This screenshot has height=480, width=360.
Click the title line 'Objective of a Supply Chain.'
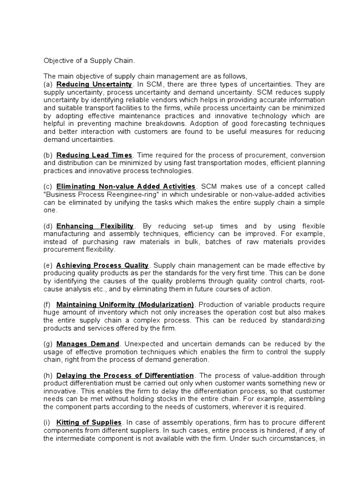tap(89, 60)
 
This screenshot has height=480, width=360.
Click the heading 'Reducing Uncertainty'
tap(94, 84)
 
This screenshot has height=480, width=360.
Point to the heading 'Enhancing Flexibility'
tap(95, 226)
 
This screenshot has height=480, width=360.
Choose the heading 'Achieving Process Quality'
tap(102, 265)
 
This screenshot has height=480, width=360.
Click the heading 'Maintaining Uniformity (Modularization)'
tap(125, 304)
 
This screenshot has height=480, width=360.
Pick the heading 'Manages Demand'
tap(88, 344)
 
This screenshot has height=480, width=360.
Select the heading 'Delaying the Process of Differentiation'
tap(125, 375)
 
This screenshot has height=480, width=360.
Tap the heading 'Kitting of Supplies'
tap(89, 423)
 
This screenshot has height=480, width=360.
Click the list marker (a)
tap(48, 84)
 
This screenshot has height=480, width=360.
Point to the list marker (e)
tap(48, 265)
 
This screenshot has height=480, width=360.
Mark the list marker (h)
tap(48, 375)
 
